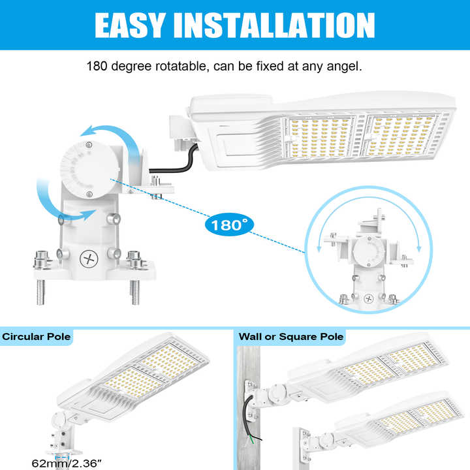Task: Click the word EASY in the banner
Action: coord(130,25)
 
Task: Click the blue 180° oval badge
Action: coord(229,225)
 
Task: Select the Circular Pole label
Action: coord(37,337)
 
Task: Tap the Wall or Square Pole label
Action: coord(291,337)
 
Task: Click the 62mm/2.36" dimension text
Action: coord(66,463)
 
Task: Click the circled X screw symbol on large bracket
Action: coord(89,258)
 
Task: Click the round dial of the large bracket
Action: coord(90,170)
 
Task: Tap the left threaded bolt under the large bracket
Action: coord(40,292)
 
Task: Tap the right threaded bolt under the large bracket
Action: coord(135,292)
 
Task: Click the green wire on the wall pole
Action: coord(252,439)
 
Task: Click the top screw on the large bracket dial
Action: coord(89,145)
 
